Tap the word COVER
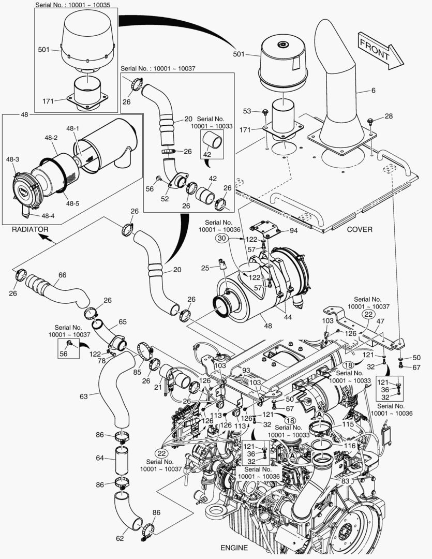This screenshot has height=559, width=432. (x=359, y=229)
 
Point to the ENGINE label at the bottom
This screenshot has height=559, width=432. (x=234, y=548)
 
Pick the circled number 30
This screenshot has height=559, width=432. (x=222, y=239)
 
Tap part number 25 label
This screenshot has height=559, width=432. (x=205, y=268)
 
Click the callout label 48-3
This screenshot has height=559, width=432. (x=13, y=159)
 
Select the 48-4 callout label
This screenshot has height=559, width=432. (x=48, y=215)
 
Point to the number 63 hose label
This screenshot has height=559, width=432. (x=83, y=396)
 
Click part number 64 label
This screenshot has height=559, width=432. (x=99, y=458)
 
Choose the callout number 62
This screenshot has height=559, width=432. (x=120, y=539)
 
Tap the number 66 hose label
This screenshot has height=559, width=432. (x=62, y=275)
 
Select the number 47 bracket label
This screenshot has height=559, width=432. (x=381, y=322)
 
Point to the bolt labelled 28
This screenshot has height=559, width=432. (x=389, y=116)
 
